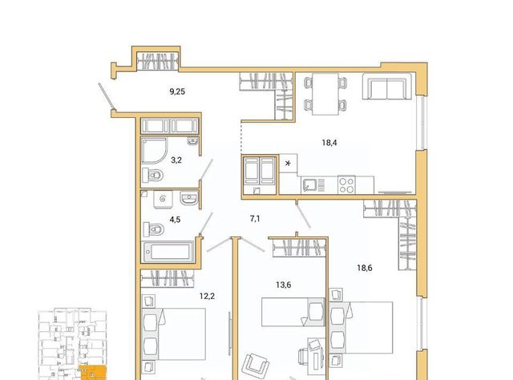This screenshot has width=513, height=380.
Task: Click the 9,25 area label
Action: coord(177,91)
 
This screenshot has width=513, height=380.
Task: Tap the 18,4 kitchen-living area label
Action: coord(329,143)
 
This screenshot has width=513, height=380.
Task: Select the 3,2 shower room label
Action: coord(176,160)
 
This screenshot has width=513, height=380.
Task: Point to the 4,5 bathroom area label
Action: coord(175,220)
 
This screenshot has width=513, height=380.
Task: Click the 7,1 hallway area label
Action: coord(255,219)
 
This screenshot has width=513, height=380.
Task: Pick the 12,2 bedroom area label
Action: coord(207,297)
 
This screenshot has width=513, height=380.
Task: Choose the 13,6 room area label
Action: coord(283,285)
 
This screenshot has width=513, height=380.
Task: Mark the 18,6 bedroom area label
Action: coord(365,268)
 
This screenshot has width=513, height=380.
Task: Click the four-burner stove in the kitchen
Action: coord(346,185)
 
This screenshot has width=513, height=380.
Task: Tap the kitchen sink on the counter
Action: coord(313,185)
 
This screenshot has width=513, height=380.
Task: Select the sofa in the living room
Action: coord(387,86)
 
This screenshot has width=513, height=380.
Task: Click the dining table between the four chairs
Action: coord(325,94)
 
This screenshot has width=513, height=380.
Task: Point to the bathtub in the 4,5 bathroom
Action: coord(168,252)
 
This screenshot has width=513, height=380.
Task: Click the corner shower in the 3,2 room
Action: coord(155,151)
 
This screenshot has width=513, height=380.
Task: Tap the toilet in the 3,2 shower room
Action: coord(153,176)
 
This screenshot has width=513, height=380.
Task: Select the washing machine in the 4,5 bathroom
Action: coord(164,199)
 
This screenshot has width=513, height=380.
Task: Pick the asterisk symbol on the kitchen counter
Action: coord(288,163)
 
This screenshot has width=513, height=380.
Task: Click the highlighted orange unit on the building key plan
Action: coord(94,373)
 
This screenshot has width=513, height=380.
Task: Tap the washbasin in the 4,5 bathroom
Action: coord(189,198)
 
